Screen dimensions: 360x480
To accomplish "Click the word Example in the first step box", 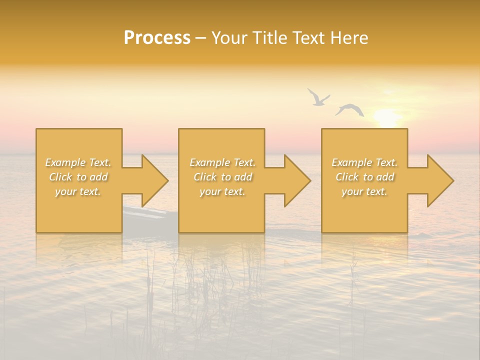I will [x=64, y=162].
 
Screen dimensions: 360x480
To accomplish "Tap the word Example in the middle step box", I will [x=208, y=162].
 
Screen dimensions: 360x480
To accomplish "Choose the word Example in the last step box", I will [x=350, y=162].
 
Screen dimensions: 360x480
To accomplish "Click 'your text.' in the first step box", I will [x=77, y=191].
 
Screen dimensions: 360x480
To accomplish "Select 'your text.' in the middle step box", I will [x=222, y=191].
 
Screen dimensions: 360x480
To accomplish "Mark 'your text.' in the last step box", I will [x=364, y=191].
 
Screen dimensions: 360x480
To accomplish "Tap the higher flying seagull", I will [x=317, y=97].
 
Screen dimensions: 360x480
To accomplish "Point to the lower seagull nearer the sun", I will [x=350, y=109].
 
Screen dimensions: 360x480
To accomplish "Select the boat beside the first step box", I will [x=145, y=214].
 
